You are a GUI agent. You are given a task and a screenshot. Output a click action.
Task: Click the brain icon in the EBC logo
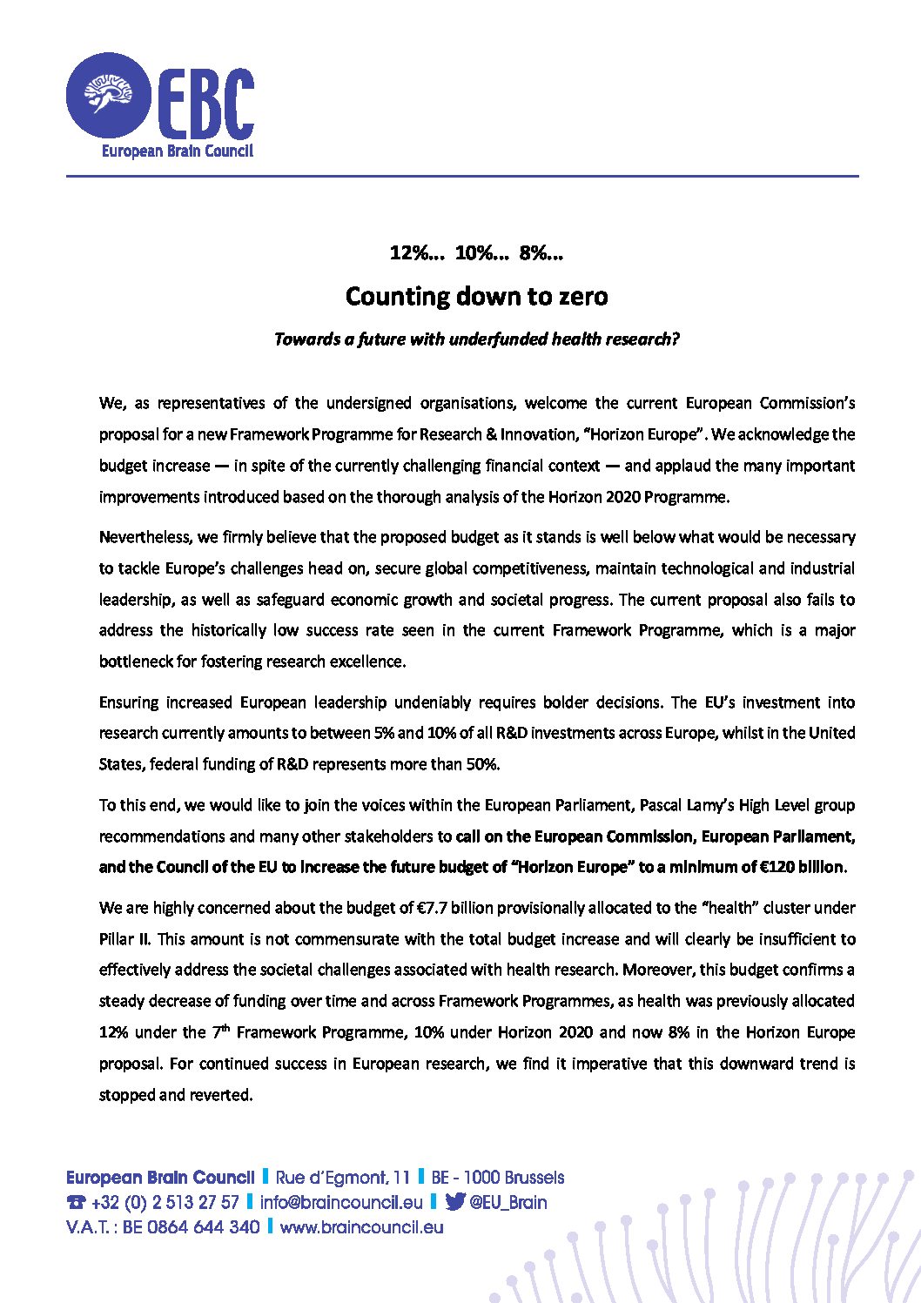[108, 92]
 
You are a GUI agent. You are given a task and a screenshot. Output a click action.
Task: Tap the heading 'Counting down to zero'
[476, 296]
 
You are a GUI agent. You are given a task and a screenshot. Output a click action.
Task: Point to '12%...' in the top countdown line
[417, 253]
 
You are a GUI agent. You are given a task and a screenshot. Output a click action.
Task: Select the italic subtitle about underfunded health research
[476, 339]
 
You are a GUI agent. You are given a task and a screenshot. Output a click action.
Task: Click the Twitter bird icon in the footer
[454, 1202]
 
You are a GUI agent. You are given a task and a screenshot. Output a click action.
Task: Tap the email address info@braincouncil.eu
[341, 1203]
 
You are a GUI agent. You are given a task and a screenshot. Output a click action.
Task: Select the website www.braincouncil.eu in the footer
[361, 1227]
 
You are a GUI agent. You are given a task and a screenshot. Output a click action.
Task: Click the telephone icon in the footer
[77, 1203]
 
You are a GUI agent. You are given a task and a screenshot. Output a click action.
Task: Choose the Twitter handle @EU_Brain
[508, 1203]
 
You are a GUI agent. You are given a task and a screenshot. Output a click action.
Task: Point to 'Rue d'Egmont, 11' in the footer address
[342, 1178]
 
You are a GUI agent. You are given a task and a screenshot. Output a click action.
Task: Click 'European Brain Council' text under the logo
[178, 151]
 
